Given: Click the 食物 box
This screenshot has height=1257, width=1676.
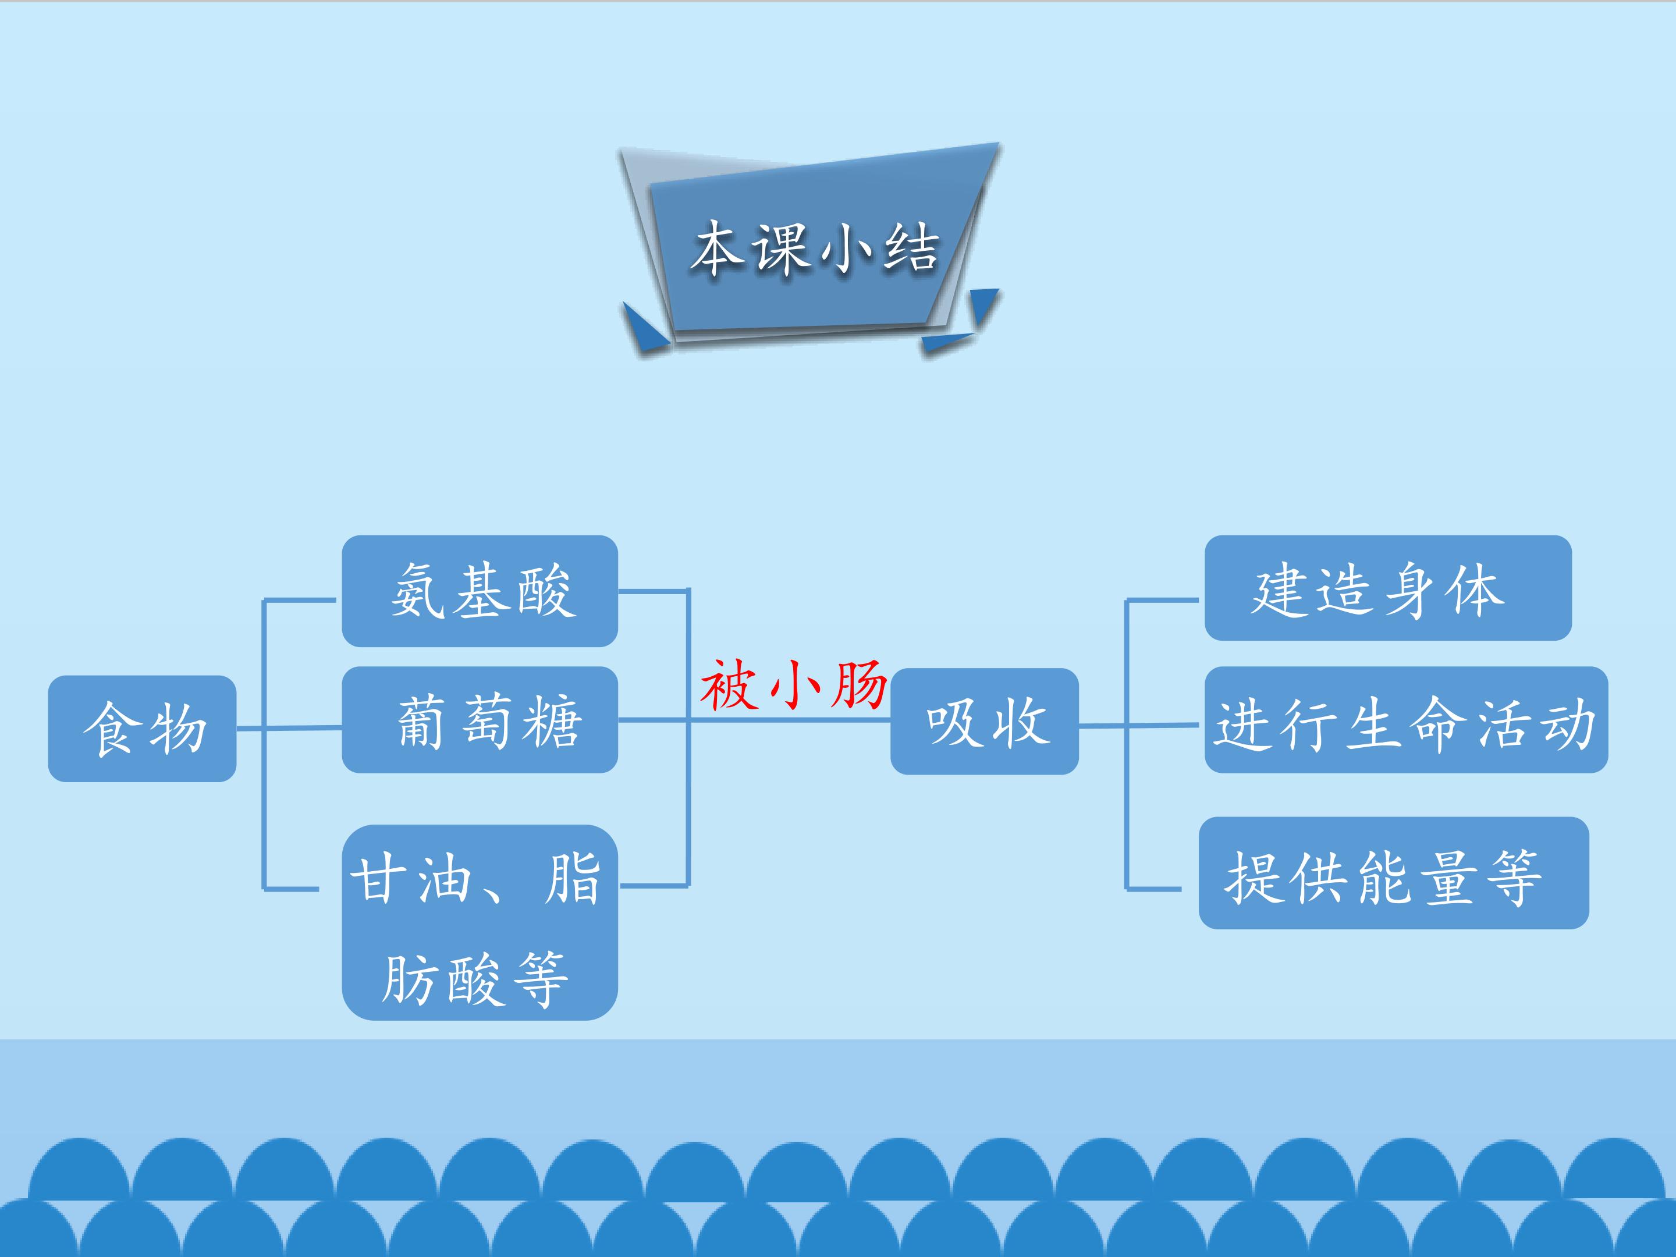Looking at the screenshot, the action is [x=143, y=728].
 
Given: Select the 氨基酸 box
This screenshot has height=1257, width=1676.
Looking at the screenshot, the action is [x=480, y=591].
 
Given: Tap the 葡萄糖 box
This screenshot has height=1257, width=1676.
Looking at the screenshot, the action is [x=480, y=720].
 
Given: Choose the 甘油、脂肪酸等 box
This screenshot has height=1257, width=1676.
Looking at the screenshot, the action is [x=480, y=923].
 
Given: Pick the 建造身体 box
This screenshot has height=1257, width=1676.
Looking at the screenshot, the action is [x=1388, y=588].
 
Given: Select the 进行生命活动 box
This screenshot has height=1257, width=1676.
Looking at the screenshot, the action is [x=1406, y=720].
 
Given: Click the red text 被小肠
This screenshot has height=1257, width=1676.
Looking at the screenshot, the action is [x=793, y=685].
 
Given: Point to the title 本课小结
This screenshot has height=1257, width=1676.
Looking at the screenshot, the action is [x=815, y=248].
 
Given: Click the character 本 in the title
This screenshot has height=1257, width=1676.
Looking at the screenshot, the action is [x=719, y=248].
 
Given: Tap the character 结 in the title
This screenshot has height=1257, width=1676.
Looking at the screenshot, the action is [x=911, y=248].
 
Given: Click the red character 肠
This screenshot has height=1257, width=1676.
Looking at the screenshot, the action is [x=859, y=685].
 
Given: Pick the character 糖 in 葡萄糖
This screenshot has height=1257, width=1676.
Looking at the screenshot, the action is [x=553, y=721].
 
